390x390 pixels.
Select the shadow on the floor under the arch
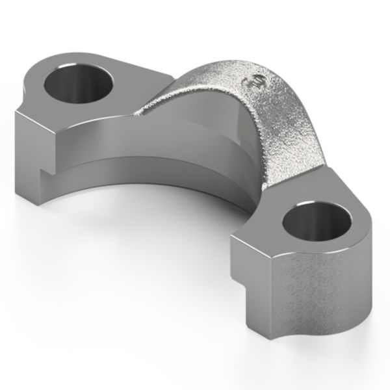click(195, 240)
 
